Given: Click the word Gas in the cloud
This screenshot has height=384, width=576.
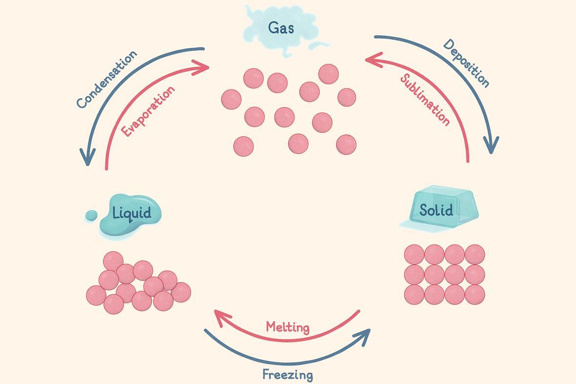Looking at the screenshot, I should click(281, 28).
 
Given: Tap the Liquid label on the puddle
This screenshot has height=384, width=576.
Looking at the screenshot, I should click(131, 213).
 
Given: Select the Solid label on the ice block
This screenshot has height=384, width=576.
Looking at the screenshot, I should click(436, 210).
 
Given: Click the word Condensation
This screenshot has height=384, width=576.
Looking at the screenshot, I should click(107, 79).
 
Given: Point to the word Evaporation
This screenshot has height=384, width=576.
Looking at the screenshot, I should click(148, 111).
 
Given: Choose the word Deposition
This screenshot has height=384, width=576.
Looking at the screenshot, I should click(466, 63).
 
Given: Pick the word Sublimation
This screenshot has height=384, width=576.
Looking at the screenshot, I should click(425, 100).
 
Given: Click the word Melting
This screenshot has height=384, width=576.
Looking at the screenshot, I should click(288, 326).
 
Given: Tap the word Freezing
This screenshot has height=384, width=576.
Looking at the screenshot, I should click(288, 375).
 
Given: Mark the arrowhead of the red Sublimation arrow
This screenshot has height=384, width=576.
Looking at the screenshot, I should click(371, 59).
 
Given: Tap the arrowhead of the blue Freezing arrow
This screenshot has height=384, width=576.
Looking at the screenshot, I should click(364, 336).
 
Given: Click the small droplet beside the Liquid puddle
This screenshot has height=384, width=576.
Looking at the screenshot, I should click(91, 215).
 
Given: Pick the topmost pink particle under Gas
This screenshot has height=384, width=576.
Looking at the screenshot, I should click(329, 74).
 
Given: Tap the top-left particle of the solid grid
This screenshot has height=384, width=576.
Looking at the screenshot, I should click(414, 255).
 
